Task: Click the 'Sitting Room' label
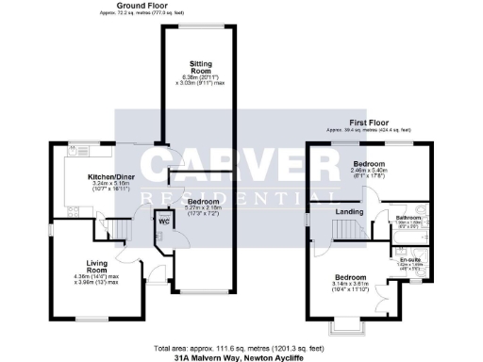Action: click(x=196, y=66)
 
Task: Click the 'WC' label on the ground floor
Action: click(x=162, y=222)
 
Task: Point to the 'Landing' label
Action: click(x=350, y=212)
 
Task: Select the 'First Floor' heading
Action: click(x=369, y=123)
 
